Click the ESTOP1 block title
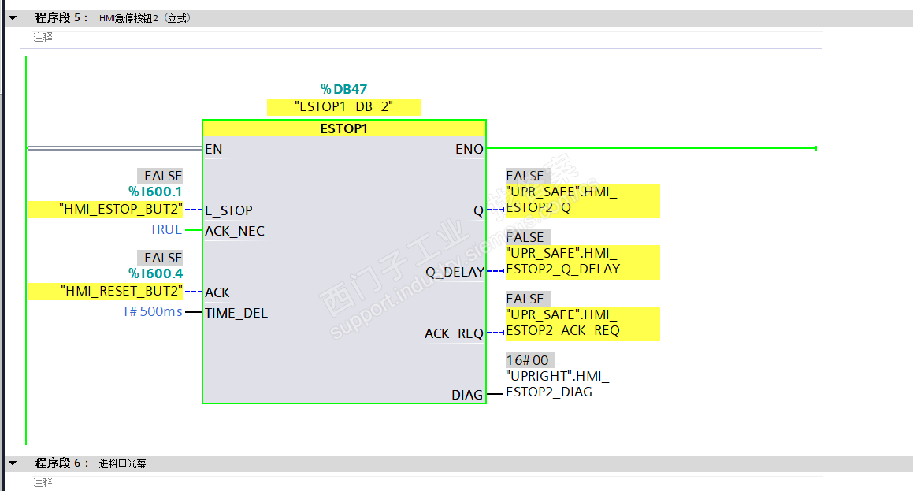[343, 129]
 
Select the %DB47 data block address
[343, 89]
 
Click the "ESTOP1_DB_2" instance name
[343, 106]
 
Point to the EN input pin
[213, 149]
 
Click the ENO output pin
[469, 149]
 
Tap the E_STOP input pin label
[228, 210]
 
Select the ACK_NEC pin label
[235, 231]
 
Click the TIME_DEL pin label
[236, 313]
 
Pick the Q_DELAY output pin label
[455, 272]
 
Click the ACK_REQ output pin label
[454, 333]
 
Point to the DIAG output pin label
[467, 395]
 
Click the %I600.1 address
[155, 192]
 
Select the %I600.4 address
[155, 273]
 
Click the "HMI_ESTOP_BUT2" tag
[121, 210]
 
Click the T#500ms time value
[152, 312]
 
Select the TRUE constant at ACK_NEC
[166, 229]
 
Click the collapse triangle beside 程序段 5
[13, 18]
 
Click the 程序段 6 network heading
[62, 463]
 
